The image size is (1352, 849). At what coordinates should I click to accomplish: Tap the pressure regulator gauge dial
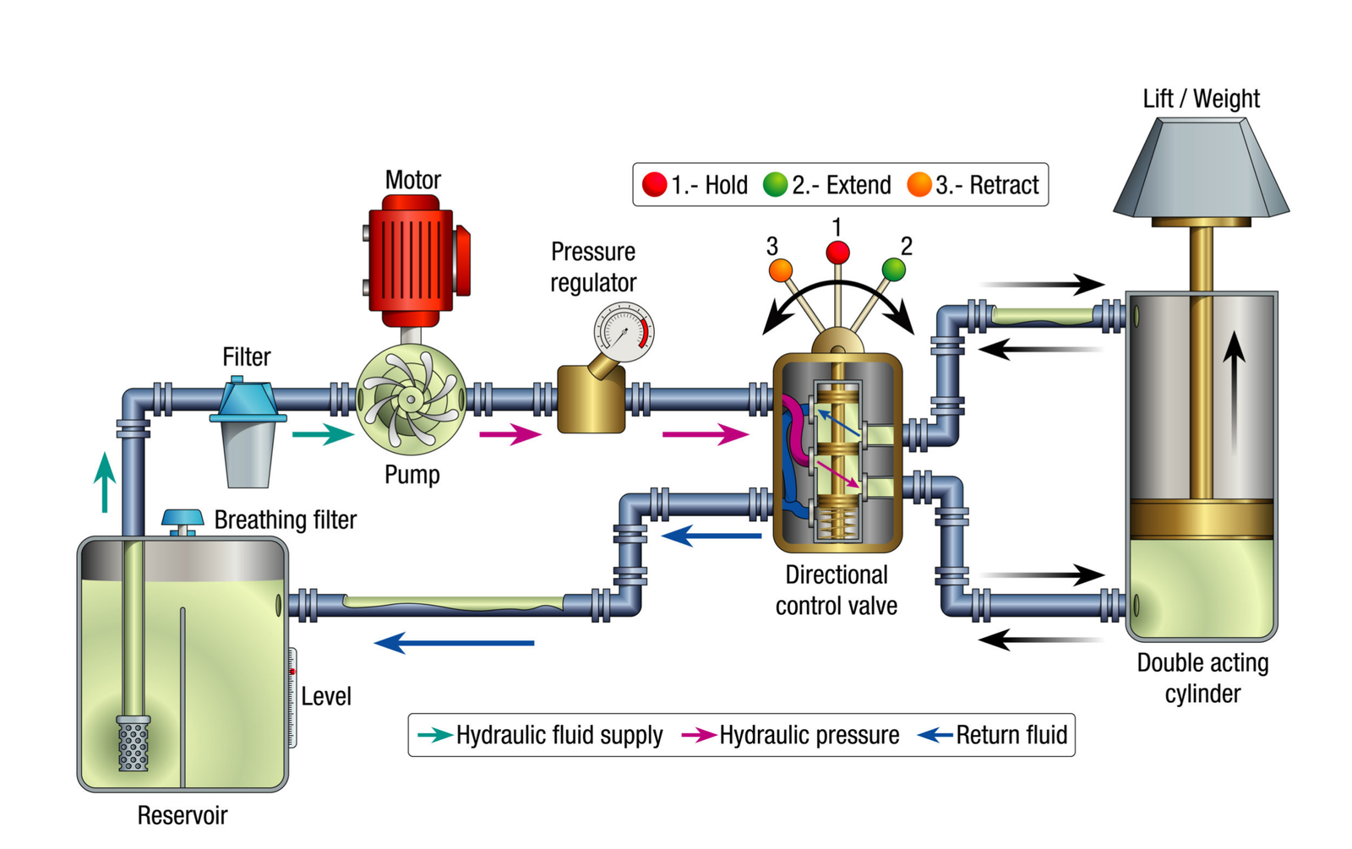[624, 332]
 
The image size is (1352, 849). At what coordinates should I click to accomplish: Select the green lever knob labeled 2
[893, 269]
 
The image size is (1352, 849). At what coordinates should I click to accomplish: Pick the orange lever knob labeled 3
[780, 271]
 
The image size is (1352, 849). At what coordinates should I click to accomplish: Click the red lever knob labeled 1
[837, 252]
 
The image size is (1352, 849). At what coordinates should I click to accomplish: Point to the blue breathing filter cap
[183, 517]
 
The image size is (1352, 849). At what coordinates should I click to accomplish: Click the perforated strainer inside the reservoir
[134, 743]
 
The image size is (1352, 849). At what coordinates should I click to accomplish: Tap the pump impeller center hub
[411, 400]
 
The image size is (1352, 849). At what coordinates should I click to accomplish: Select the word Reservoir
[183, 815]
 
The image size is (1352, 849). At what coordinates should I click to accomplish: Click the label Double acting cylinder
[1202, 678]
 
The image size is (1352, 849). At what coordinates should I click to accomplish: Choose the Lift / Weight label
[1201, 99]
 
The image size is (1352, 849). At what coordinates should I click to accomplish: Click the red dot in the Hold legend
[654, 185]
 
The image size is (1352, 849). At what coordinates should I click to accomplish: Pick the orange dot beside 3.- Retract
[919, 184]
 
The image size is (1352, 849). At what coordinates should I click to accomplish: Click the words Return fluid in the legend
[1011, 735]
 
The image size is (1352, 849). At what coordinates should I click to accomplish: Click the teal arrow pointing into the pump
[322, 434]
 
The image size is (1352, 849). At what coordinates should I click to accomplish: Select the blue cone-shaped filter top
[247, 400]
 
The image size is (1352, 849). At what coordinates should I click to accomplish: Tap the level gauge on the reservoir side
[292, 697]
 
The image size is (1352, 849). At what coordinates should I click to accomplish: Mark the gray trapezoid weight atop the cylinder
[1201, 169]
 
